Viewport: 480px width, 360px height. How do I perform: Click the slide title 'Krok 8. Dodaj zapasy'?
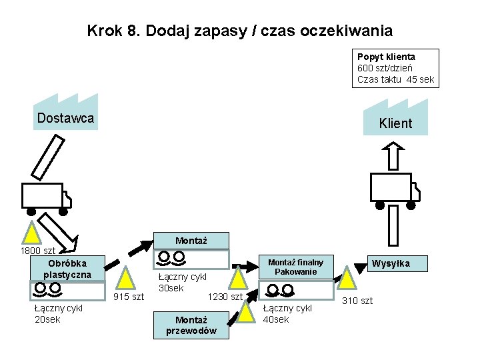239,31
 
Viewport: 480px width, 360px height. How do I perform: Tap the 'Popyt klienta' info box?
395,68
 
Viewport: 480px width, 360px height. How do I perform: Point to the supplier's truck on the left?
46,197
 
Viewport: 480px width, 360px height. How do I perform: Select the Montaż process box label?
191,241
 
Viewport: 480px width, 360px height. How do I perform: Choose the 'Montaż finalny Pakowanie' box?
295,267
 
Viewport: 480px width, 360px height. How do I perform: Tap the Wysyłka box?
391,263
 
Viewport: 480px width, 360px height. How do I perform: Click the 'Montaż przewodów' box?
191,325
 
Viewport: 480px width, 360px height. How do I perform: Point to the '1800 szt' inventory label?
38,251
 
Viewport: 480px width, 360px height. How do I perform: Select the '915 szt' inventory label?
129,296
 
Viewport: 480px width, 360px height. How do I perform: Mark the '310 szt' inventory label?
357,301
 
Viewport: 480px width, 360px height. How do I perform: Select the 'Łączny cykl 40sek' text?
287,313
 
